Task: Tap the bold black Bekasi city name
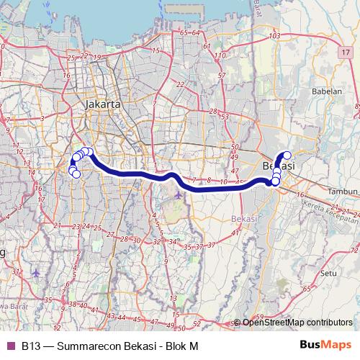[278, 166]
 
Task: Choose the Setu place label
[329, 274]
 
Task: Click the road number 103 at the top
[274, 36]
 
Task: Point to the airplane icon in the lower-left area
[36, 274]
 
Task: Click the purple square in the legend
[10, 346]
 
